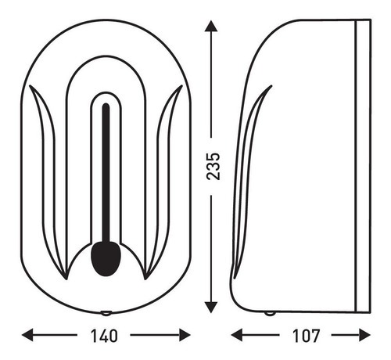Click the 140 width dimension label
pos(104,336)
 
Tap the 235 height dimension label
pos(213,166)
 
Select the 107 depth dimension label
pos(306,336)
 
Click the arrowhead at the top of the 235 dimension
pos(211,26)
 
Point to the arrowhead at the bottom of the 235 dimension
pos(211,307)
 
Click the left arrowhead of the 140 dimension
pos(27,335)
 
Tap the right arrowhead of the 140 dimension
pos(185,335)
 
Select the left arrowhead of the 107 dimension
pos(237,335)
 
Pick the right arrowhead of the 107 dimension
pos(364,335)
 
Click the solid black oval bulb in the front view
pos(106,258)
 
